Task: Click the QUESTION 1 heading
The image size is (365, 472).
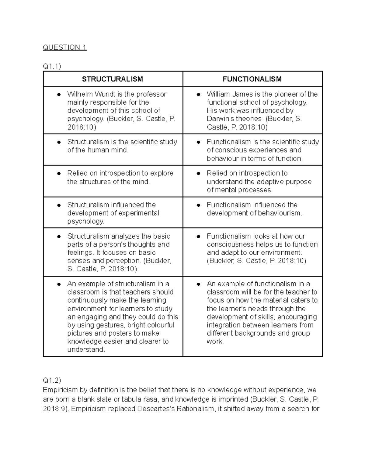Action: pyautogui.click(x=65, y=47)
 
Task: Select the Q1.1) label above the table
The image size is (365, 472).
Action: pyautogui.click(x=52, y=66)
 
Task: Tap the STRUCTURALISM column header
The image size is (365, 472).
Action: pyautogui.click(x=113, y=79)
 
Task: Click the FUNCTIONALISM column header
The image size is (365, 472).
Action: pyautogui.click(x=252, y=79)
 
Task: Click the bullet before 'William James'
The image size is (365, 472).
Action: pyautogui.click(x=199, y=95)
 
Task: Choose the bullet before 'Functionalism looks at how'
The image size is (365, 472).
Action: pyautogui.click(x=199, y=236)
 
